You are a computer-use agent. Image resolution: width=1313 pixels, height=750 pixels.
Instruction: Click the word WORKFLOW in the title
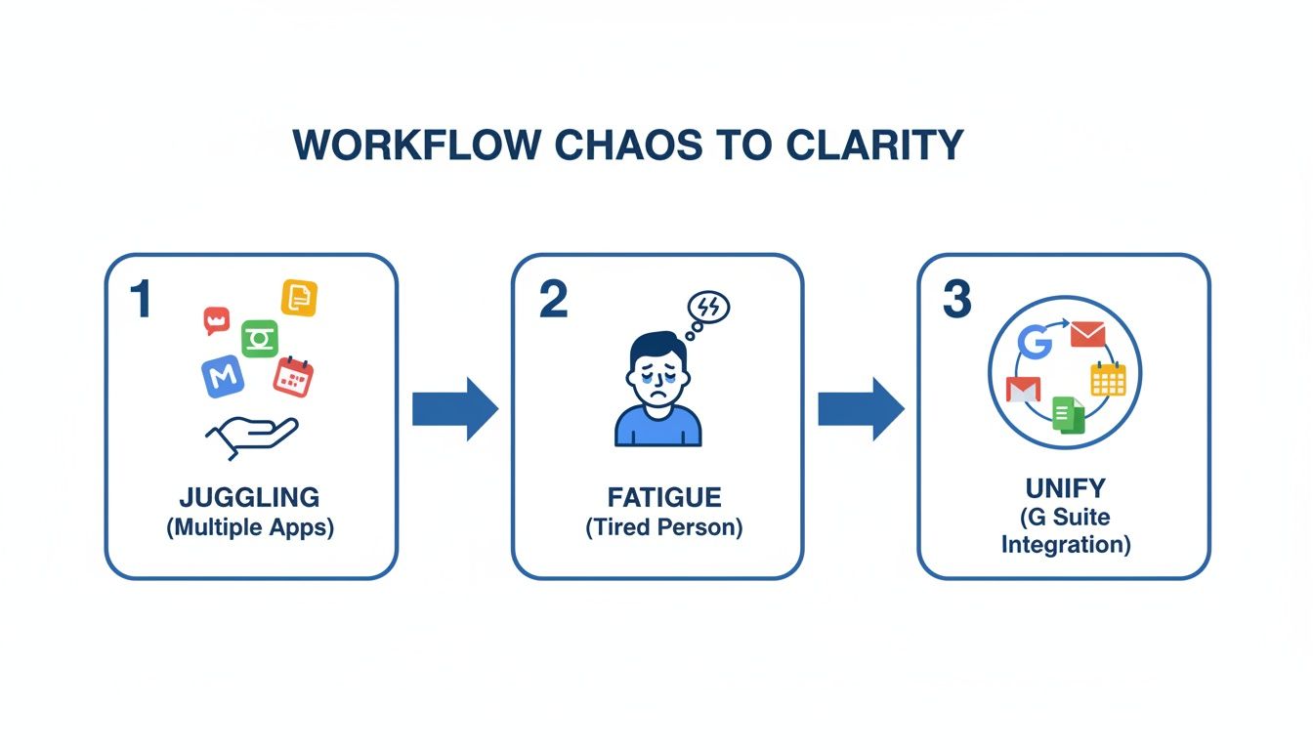click(x=417, y=145)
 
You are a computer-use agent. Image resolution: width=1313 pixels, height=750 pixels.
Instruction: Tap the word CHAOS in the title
click(x=627, y=145)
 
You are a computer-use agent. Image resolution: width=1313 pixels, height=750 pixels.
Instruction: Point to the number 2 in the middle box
click(x=552, y=299)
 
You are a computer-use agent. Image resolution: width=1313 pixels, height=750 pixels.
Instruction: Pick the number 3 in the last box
click(x=956, y=299)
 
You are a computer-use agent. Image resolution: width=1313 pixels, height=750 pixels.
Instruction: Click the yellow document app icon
click(x=299, y=298)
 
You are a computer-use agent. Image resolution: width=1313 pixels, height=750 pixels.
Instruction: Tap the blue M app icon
click(x=223, y=376)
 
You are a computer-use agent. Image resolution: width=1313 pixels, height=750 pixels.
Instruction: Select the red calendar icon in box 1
click(x=292, y=376)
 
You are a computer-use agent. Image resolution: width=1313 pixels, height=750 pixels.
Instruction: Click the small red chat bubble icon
click(x=216, y=319)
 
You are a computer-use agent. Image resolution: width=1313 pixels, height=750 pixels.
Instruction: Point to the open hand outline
click(x=251, y=436)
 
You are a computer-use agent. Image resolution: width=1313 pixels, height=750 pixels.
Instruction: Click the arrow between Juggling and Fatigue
click(x=454, y=408)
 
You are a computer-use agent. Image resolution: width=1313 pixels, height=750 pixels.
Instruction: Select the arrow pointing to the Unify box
click(x=860, y=408)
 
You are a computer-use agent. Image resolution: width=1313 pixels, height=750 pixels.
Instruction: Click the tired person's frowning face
click(x=656, y=376)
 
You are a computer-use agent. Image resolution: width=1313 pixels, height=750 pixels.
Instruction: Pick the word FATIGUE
click(x=657, y=497)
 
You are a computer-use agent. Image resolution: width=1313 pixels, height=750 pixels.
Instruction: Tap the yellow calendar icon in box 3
click(x=1108, y=378)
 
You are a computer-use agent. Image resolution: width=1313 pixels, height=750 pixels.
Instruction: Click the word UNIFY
click(x=1065, y=487)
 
